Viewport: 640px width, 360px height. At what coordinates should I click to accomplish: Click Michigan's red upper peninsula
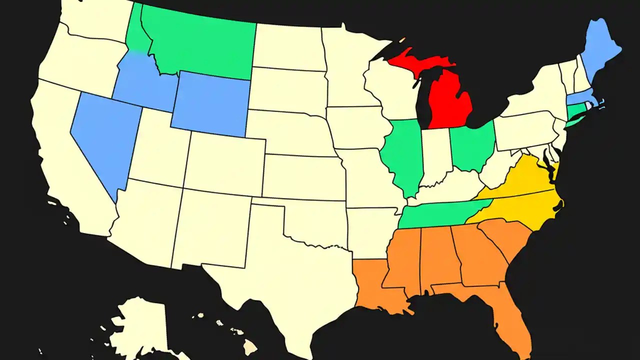tap(415, 62)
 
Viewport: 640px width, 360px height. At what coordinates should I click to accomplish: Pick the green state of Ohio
tap(472, 145)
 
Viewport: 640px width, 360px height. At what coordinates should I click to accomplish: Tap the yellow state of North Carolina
tap(520, 207)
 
